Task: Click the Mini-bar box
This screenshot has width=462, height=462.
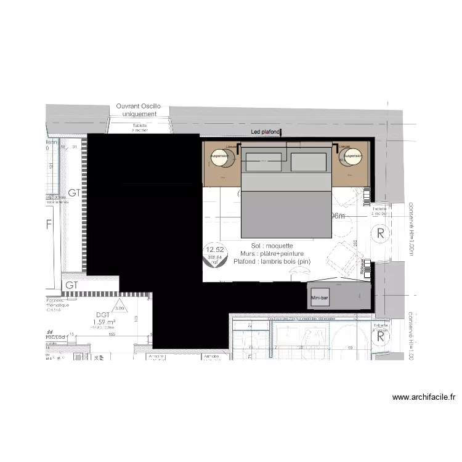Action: click(320, 298)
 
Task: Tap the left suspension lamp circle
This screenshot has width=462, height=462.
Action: click(221, 158)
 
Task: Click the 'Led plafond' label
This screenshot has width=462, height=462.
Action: click(265, 132)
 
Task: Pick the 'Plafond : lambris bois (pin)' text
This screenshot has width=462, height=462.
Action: click(273, 261)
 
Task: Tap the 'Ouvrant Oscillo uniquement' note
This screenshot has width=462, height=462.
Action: click(139, 110)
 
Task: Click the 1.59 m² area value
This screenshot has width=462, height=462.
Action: click(104, 322)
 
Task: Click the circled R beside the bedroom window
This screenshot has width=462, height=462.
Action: click(381, 233)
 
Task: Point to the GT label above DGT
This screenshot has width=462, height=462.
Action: click(73, 286)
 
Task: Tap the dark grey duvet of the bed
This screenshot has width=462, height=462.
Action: click(285, 213)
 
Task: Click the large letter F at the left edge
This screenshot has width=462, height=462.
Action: click(49, 225)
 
